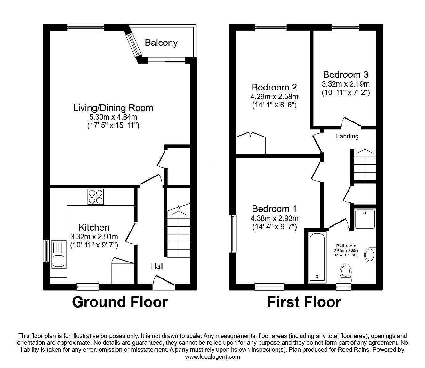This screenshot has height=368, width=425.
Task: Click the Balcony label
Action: click(161, 43)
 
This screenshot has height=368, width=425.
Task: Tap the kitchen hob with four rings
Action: click(96, 197)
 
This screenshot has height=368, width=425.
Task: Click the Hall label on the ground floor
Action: click(157, 266)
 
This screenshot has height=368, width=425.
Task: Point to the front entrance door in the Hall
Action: click(164, 283)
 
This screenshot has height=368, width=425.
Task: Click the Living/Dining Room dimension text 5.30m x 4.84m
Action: click(113, 117)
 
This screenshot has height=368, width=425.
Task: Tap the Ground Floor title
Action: click(120, 302)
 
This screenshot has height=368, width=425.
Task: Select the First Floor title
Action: click(304, 302)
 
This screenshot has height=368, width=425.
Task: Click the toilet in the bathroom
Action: click(345, 273)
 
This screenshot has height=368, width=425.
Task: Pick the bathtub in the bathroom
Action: click(317, 257)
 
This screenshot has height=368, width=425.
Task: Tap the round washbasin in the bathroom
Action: click(370, 255)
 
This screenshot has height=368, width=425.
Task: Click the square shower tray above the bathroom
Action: click(365, 218)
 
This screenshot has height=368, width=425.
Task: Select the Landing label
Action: click(347, 137)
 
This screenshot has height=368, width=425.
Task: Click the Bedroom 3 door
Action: click(351, 122)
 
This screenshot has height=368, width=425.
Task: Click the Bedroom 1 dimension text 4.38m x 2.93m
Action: click(274, 218)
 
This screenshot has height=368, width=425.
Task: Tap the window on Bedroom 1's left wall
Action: click(233, 234)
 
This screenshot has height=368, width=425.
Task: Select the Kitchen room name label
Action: click(94, 227)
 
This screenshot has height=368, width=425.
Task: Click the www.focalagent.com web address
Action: click(212, 357)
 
